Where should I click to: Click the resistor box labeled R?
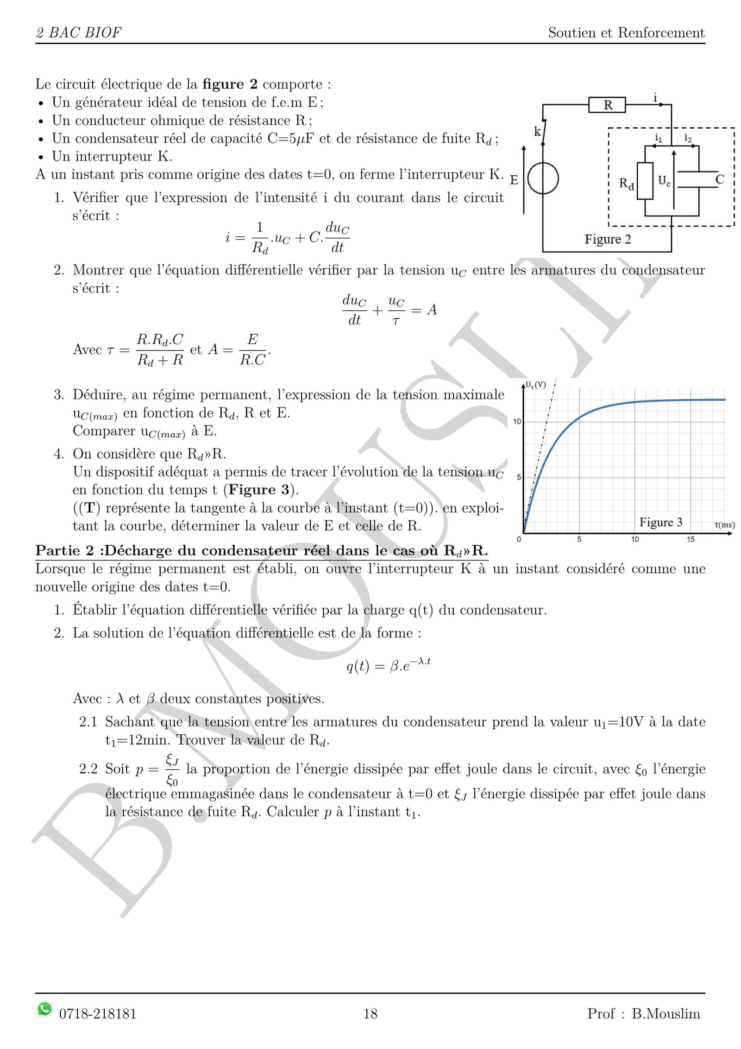point(607,105)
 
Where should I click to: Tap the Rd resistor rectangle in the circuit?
point(645,181)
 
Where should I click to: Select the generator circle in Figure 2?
point(543,178)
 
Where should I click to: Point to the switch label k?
point(537,132)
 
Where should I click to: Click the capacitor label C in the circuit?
point(719,179)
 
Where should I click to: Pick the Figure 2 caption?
point(608,239)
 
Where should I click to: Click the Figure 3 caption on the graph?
point(661,522)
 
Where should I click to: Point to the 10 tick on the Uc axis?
point(517,422)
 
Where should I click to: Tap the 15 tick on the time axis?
point(691,540)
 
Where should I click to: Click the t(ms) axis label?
point(724,525)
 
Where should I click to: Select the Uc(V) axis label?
point(536,385)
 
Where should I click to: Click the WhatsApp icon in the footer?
point(44,1009)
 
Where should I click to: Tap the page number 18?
point(370,1014)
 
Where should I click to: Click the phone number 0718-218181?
point(98,1014)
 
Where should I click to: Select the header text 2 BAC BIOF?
point(78,33)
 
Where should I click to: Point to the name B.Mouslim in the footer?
point(666,1014)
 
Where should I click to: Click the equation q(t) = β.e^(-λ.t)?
point(388,666)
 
